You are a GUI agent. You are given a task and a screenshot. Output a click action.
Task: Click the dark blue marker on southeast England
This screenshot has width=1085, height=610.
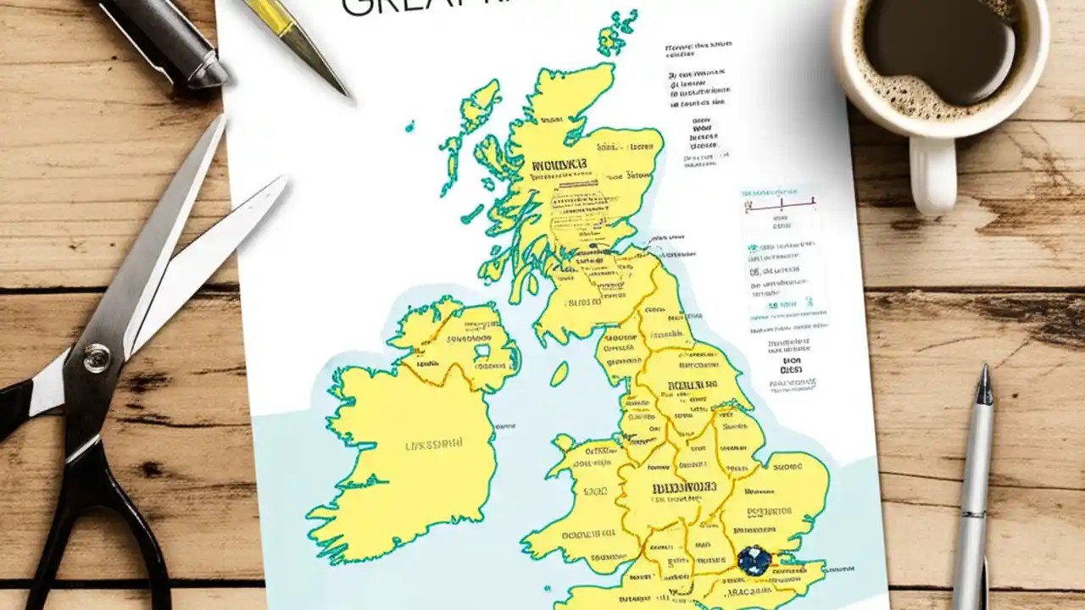click(754, 561)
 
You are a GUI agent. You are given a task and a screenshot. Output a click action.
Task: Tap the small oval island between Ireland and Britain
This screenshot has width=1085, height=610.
click(559, 374)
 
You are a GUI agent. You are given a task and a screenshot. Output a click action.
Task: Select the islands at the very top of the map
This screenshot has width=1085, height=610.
click(617, 34)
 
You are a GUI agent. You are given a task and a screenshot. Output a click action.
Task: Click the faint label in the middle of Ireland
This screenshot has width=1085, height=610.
click(434, 444)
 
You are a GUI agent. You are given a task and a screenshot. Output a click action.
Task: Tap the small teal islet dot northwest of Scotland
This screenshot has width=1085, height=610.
click(409, 126)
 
